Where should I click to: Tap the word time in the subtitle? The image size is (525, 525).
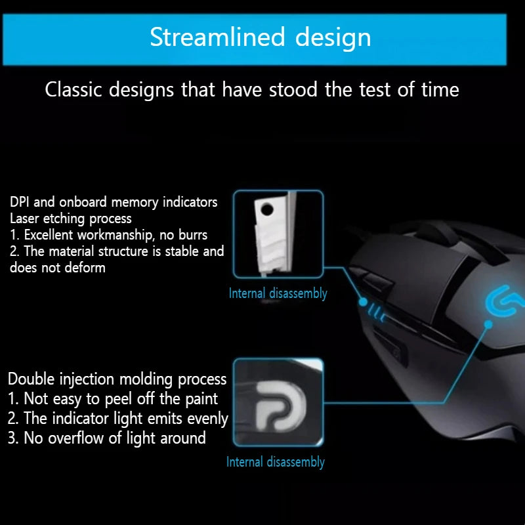click(440, 90)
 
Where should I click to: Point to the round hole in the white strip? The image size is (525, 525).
click(266, 211)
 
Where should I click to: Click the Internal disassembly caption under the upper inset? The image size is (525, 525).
click(278, 293)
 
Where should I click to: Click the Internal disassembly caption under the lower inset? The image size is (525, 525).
click(276, 462)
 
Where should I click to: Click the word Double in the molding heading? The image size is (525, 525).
click(33, 379)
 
